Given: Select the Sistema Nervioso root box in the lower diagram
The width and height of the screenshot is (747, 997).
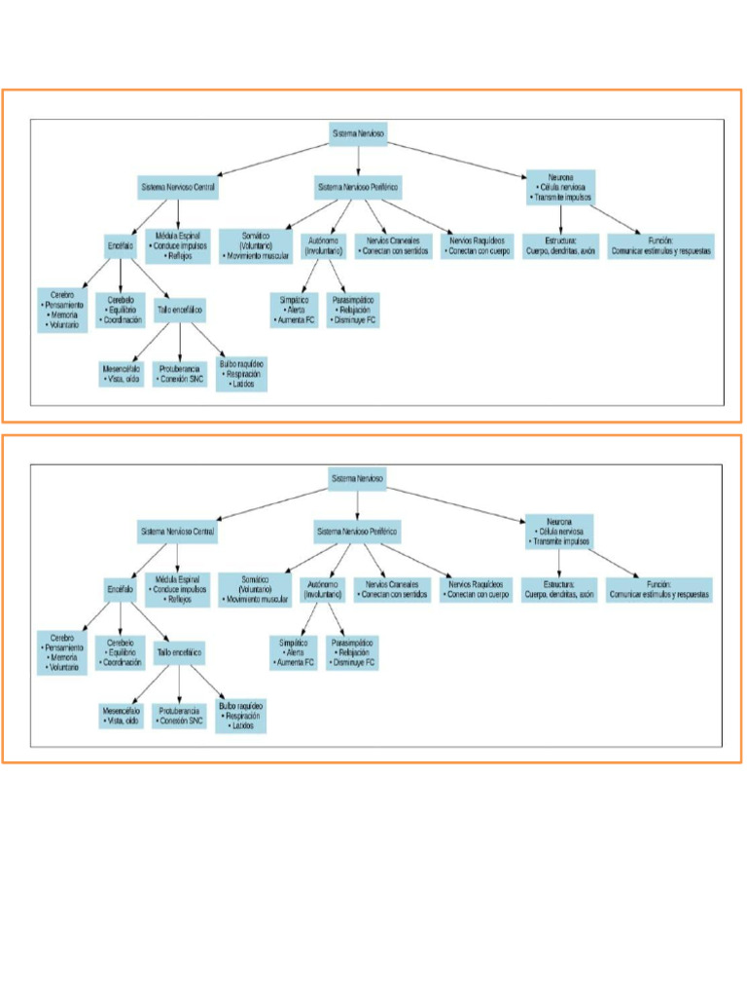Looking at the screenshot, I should click(358, 479).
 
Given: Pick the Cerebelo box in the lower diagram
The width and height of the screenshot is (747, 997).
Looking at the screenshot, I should click(120, 652).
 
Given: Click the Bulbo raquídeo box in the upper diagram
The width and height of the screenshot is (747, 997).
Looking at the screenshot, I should click(241, 374).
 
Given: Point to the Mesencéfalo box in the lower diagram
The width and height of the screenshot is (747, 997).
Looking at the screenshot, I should click(122, 717).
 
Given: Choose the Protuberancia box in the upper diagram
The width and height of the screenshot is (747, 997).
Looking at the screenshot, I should click(180, 374).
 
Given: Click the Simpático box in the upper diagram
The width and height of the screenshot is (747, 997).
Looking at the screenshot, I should click(294, 310).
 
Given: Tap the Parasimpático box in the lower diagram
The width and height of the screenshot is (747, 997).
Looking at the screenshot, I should click(351, 652).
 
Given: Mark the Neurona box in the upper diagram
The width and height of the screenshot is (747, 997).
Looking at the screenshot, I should click(559, 186).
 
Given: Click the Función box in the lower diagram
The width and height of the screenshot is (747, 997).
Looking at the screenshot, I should click(659, 588).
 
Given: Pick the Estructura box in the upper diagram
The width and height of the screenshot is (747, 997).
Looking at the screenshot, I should click(560, 245).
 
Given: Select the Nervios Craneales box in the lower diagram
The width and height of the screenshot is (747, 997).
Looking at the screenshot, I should click(391, 588).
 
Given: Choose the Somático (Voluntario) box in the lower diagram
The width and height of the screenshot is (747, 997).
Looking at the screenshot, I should click(254, 589).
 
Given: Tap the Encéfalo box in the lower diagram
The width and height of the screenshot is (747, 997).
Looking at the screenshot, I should click(120, 590).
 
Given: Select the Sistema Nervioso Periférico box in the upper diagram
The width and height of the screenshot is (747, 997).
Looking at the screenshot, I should click(358, 186).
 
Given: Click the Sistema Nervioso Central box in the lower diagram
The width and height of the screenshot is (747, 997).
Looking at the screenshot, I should click(178, 532).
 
